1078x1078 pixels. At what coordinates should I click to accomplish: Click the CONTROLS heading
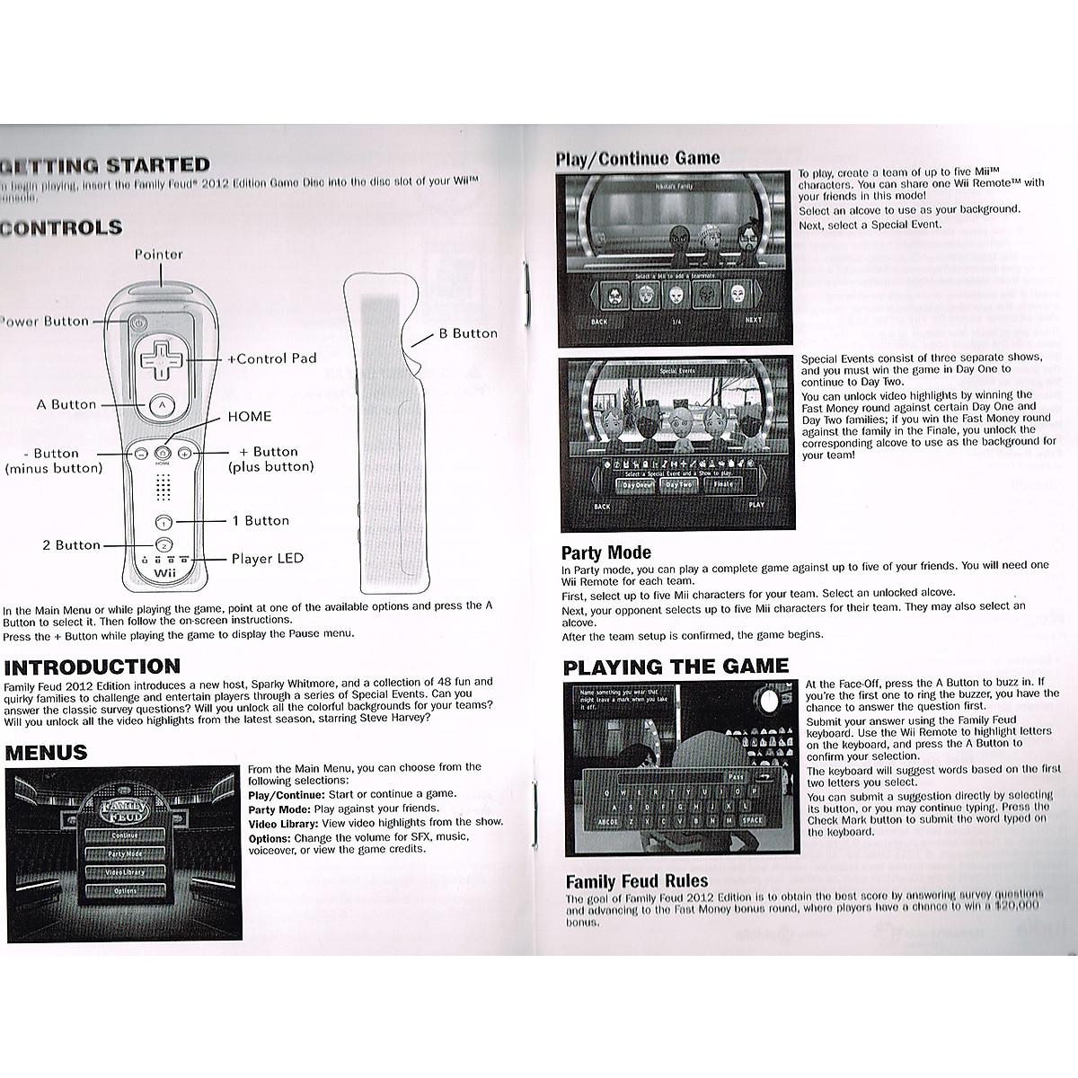point(61,227)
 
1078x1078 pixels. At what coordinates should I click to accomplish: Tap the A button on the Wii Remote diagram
point(162,406)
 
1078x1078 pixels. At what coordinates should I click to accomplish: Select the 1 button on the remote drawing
point(163,522)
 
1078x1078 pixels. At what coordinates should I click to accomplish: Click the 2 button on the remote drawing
point(163,544)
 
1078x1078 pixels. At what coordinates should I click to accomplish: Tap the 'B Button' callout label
point(467,333)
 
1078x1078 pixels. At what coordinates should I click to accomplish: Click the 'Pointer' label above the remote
point(159,254)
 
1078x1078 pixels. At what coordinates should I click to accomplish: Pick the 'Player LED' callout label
point(268,559)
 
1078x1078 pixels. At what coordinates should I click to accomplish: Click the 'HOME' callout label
point(249,416)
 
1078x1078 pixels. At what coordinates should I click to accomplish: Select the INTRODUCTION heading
point(93,667)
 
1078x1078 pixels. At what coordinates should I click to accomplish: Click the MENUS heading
point(47,752)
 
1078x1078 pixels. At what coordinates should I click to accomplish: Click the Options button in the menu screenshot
point(126,891)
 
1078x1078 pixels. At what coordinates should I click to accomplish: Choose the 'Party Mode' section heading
point(606,552)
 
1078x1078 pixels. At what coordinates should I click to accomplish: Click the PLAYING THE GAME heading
point(676,667)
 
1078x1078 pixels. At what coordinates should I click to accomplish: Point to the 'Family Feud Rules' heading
point(637,881)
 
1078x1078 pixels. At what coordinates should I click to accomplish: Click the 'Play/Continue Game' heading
point(638,159)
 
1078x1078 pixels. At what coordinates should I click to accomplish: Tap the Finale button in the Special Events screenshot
point(723,485)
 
